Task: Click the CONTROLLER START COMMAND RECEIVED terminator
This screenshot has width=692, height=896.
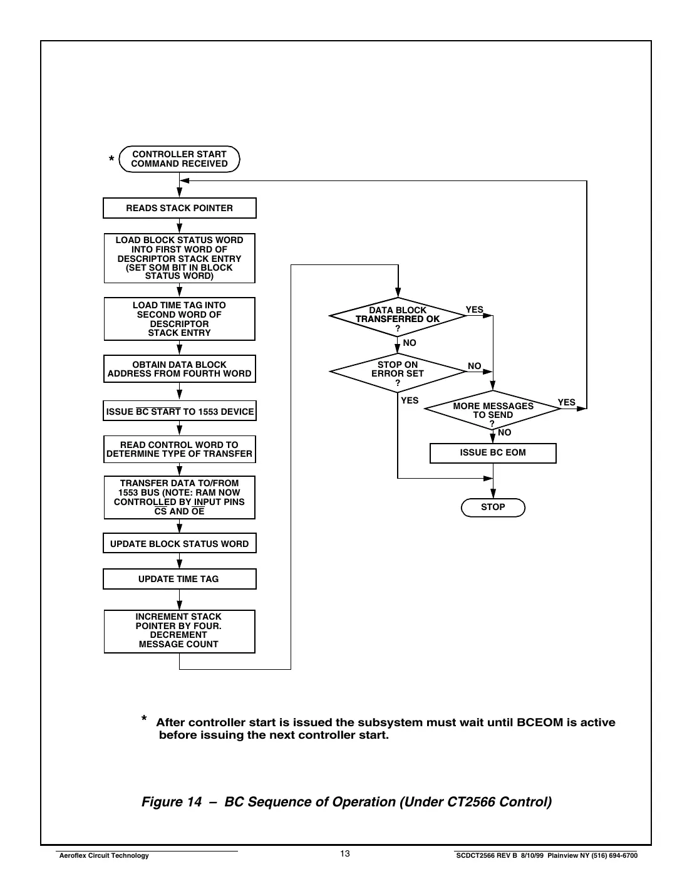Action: [179, 159]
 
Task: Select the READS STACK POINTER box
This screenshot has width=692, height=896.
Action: [179, 208]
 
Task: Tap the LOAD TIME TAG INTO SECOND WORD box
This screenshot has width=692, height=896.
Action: [179, 319]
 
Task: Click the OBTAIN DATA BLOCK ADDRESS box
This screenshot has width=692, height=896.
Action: [179, 369]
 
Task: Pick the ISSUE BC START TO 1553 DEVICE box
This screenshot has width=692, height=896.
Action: [180, 412]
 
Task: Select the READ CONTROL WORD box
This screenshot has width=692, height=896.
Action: [179, 449]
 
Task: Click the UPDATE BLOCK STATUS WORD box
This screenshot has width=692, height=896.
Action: [179, 544]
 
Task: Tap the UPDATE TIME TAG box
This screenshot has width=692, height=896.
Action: [179, 579]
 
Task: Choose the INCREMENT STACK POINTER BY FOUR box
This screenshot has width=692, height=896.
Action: [179, 631]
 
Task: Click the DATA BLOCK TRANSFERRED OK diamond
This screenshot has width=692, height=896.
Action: [398, 316]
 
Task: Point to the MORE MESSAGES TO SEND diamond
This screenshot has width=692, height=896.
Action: [493, 410]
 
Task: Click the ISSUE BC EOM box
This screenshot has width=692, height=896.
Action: [493, 453]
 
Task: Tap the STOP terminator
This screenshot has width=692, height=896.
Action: [493, 507]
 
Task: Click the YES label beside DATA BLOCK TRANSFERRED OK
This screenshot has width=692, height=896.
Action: [475, 310]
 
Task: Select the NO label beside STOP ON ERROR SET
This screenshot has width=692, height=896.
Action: [475, 366]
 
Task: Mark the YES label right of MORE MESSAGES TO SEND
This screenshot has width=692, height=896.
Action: [566, 402]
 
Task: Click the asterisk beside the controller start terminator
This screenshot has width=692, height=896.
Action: [111, 160]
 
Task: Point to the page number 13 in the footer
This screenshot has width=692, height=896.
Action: [345, 854]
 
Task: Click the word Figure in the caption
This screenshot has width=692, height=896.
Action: [162, 802]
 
